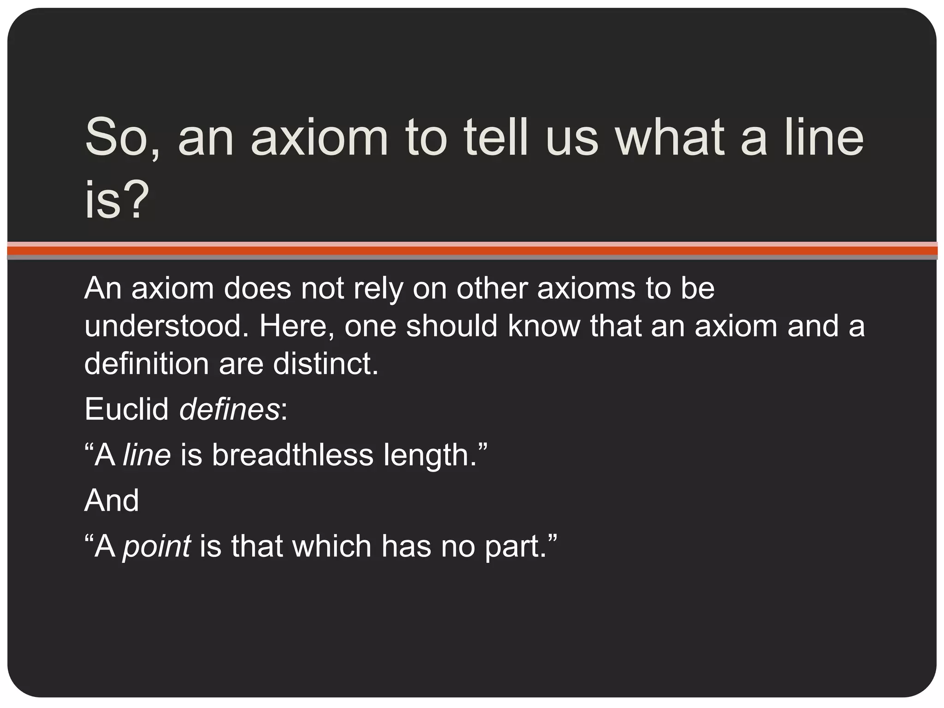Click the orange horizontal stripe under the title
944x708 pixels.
(x=472, y=250)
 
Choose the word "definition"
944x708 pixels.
(x=147, y=364)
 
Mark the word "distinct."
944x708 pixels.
(x=325, y=364)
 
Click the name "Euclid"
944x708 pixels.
(x=127, y=409)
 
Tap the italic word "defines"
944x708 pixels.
(x=230, y=409)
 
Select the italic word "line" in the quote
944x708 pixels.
(x=147, y=455)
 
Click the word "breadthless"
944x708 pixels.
(x=293, y=455)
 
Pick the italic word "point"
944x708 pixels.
(x=157, y=547)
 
